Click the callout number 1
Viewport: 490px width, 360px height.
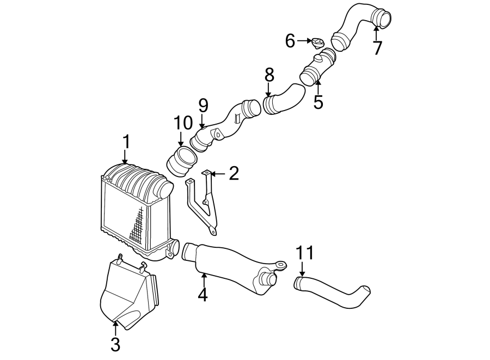pos(126,143)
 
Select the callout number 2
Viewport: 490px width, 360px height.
pos(234,174)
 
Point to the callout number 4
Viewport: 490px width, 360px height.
pos(203,295)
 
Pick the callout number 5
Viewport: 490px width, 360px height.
pos(318,102)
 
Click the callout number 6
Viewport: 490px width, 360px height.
pos(290,40)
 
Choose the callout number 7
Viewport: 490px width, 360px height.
pos(377,48)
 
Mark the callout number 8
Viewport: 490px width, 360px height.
pos(269,75)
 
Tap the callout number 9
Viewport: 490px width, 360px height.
pos(203,105)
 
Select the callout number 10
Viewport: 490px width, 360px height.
pos(183,123)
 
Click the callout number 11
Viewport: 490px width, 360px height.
pos(305,253)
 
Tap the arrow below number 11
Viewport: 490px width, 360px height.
pos(302,267)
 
